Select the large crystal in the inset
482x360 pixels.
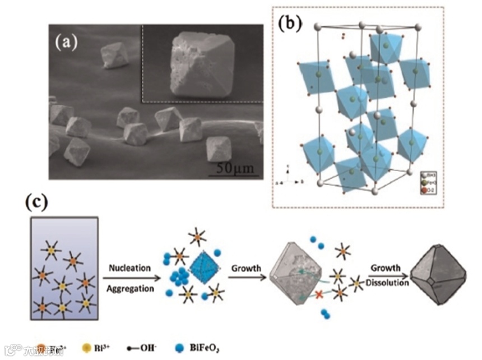[200, 64]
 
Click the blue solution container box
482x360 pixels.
[64, 268]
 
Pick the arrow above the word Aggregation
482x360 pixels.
[130, 277]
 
